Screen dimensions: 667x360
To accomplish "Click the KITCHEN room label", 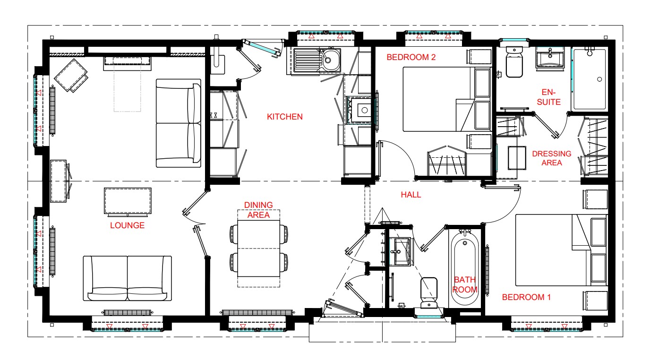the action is click(x=285, y=117).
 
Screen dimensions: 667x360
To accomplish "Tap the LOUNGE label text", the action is click(x=127, y=225).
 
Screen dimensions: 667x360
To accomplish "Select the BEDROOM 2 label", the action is click(x=411, y=57).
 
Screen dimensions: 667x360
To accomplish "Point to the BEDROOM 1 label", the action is click(x=526, y=297).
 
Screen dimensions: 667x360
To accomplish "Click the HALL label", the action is click(x=411, y=195).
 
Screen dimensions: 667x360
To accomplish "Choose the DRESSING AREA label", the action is click(x=552, y=158).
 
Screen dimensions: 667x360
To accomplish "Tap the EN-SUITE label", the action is click(x=549, y=97).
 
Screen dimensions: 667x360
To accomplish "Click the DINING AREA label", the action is click(x=258, y=210).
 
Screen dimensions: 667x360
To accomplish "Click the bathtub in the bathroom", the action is click(x=465, y=267).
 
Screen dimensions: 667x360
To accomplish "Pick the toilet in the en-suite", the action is click(x=514, y=62).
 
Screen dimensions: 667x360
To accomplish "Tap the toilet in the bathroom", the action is click(x=429, y=293).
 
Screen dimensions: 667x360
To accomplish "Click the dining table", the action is click(x=259, y=249).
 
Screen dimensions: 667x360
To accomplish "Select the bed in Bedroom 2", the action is click(x=447, y=99).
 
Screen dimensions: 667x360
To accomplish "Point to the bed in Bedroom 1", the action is click(x=561, y=250).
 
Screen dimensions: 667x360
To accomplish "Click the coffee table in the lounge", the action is click(x=128, y=201).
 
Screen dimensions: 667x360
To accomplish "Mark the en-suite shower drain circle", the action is click(x=599, y=79).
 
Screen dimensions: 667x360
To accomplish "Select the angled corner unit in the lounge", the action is click(x=71, y=76).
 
